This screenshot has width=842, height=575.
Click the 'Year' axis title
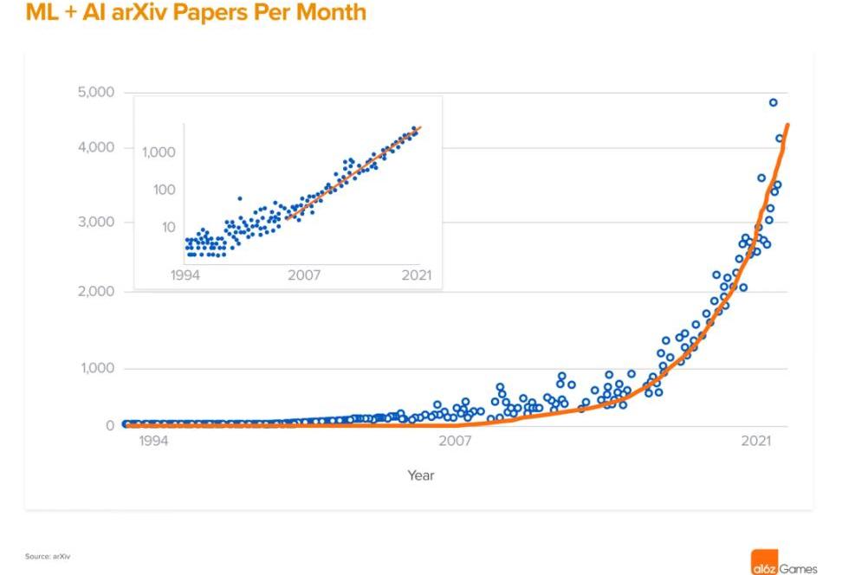[421, 475]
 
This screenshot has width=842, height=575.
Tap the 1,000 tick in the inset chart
[159, 152]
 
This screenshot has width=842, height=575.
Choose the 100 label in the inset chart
[165, 190]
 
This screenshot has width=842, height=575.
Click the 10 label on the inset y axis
[168, 228]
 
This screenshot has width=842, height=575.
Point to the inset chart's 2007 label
[304, 275]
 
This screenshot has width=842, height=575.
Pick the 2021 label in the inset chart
[416, 275]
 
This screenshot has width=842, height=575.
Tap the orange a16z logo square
[763, 562]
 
